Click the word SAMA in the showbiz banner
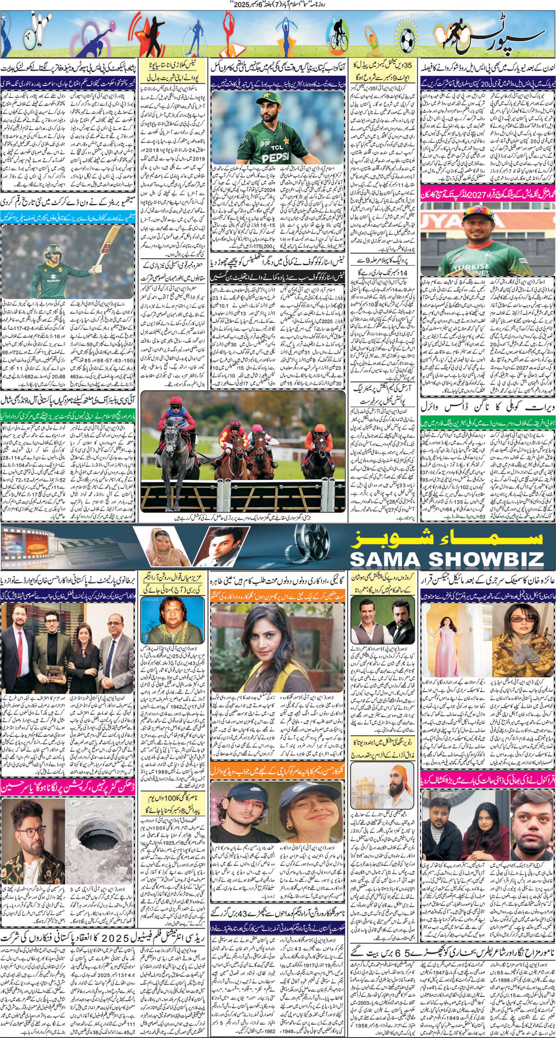pos(383,559)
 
